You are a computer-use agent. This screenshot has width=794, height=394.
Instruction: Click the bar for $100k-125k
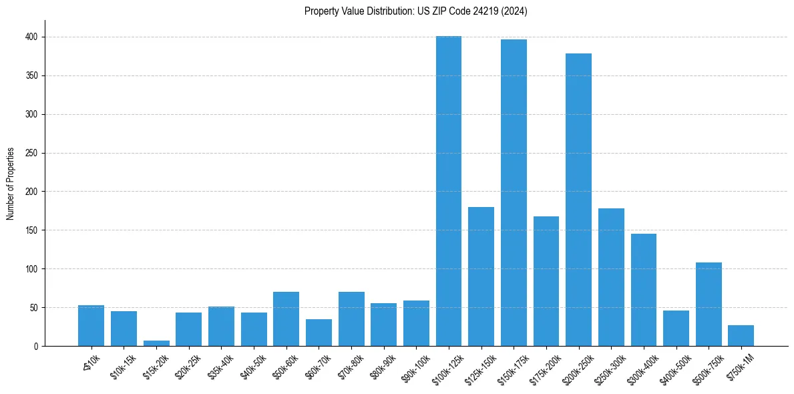point(449,191)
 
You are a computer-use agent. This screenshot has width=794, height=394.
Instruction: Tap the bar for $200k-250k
point(578,200)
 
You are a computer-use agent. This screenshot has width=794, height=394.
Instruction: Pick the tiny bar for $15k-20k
point(156,343)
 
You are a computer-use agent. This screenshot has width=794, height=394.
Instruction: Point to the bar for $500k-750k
point(709,305)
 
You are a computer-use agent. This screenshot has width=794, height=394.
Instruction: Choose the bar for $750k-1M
point(741,336)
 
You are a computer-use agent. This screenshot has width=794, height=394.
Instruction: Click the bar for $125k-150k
point(481,276)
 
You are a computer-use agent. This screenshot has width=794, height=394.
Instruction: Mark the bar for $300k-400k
point(644,290)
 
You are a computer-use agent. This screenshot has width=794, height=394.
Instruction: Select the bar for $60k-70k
point(319,333)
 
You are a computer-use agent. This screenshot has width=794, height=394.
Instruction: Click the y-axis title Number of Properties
point(11,184)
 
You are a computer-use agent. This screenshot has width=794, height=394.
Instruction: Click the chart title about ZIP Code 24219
point(415,11)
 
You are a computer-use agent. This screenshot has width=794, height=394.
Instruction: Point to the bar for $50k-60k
point(286,319)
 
